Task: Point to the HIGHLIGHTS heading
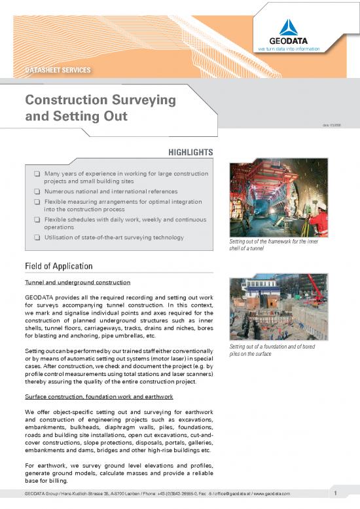pyautogui.click(x=191, y=152)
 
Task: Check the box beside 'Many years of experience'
pyautogui.click(x=38, y=174)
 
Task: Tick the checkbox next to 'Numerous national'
pyautogui.click(x=38, y=192)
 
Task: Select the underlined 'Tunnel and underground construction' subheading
pyautogui.click(x=77, y=282)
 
